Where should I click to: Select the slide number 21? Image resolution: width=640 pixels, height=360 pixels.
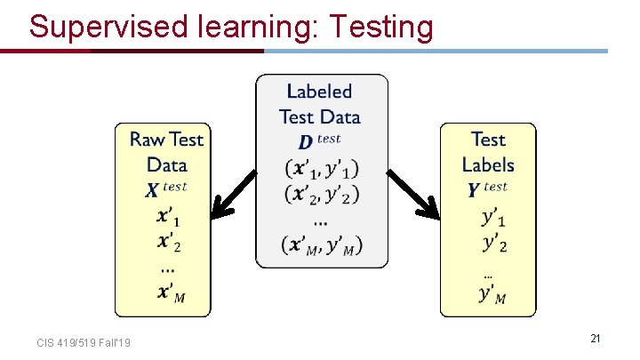pos(596,338)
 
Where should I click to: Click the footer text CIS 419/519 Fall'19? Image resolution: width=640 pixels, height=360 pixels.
pos(84,342)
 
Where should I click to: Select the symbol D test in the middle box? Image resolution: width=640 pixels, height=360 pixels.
pos(318,140)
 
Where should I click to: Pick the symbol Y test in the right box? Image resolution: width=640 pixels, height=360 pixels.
pos(487,188)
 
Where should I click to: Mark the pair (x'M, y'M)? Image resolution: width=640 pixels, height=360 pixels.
pos(322,246)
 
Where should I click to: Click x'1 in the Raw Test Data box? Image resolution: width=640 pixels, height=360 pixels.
pos(168,216)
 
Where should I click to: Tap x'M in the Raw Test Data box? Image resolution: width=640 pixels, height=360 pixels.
pos(170,294)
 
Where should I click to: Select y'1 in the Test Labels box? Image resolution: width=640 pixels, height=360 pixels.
pos(494,216)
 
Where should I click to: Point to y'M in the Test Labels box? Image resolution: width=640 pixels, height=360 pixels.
pos(492,294)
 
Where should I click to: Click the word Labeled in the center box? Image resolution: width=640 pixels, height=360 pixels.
pos(319,92)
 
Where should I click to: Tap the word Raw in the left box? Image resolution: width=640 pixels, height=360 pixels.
pos(148,139)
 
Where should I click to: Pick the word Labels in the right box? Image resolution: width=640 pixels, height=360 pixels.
pos(488,164)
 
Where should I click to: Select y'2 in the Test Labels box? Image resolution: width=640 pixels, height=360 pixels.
pos(494,242)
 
